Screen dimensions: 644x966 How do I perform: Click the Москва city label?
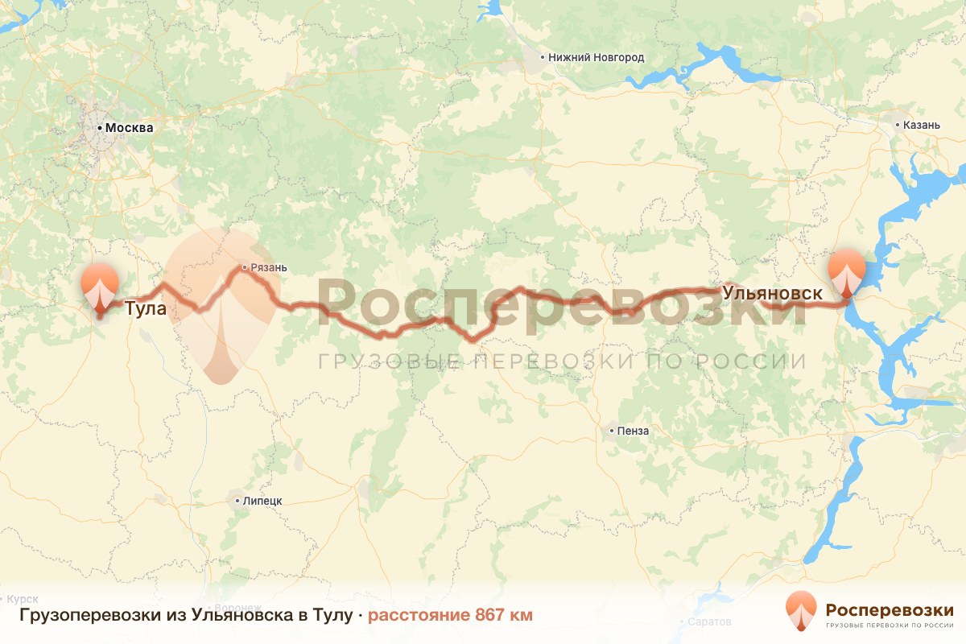point(129,128)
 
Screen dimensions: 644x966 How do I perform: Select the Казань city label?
point(922,125)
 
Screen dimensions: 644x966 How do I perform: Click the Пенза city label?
point(633,431)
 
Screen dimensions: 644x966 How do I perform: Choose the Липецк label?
point(262,501)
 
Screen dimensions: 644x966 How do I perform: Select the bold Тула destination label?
point(146,308)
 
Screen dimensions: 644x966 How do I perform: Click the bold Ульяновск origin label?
point(772,293)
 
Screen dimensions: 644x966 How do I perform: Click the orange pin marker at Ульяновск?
point(847,274)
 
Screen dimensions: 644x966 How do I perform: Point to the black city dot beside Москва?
point(100,128)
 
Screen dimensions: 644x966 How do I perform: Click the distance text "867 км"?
point(503,616)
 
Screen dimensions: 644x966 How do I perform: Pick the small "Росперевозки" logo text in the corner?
point(890,609)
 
